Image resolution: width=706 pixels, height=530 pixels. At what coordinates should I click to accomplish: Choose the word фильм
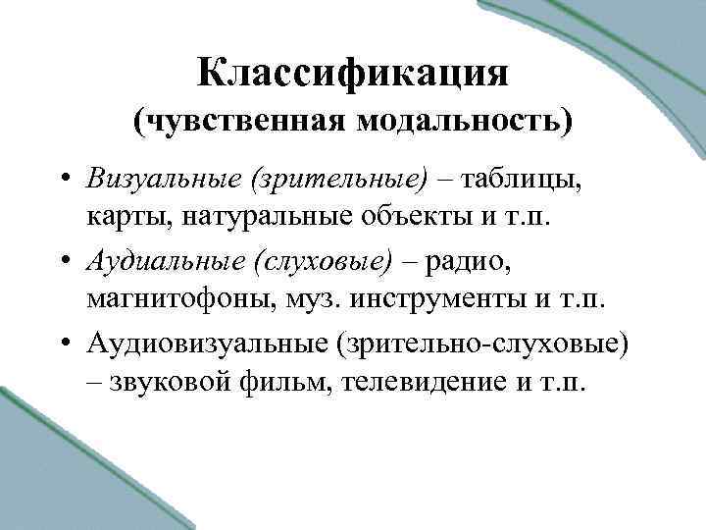[272, 382]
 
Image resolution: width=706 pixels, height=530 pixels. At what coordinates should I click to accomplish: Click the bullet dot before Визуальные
[62, 181]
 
